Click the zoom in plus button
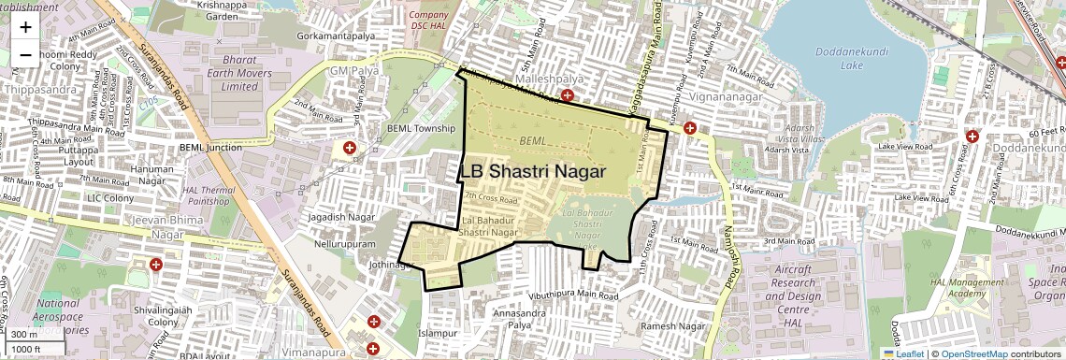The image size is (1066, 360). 25,27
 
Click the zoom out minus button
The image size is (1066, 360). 25,54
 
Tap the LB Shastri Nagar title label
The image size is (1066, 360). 534,172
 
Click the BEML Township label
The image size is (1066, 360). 421,128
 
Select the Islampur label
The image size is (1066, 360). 437,333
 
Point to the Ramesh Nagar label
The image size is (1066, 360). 673,326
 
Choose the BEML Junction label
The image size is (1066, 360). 210,147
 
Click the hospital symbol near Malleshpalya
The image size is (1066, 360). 568,96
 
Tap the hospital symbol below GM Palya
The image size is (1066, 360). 351,149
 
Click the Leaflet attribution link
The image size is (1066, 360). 903,353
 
